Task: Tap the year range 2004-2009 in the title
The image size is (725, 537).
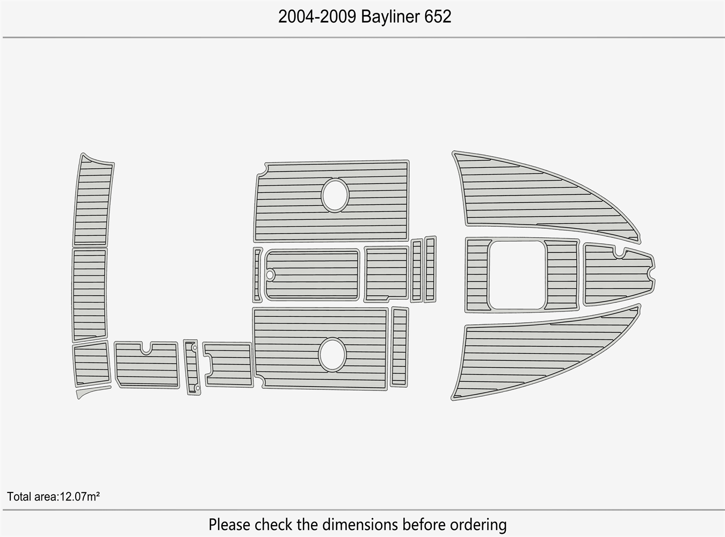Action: (317, 17)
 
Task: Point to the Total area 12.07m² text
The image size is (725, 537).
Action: (53, 496)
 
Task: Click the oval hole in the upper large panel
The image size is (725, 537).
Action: (335, 194)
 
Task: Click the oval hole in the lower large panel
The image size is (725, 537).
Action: (332, 355)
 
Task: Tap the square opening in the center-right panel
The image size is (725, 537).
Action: (517, 274)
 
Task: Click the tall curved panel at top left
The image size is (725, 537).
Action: (92, 201)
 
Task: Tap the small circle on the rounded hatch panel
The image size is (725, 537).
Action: (270, 275)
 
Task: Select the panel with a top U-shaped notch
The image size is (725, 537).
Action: (146, 368)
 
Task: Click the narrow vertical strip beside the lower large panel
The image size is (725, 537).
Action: (399, 346)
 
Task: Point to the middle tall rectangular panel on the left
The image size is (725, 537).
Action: (89, 294)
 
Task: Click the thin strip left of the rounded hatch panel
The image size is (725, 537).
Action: (258, 274)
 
